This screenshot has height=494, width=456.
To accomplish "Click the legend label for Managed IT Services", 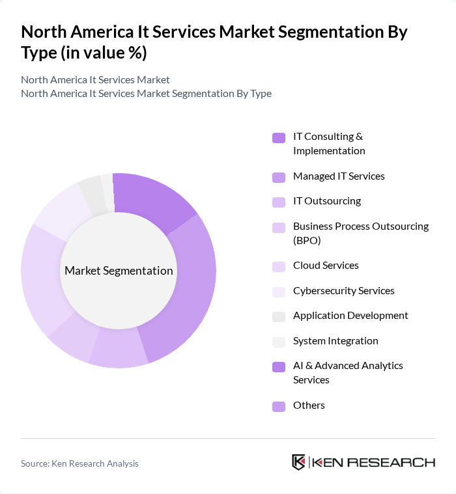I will tap(339, 176).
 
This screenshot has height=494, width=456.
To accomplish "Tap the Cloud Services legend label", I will tap(326, 266).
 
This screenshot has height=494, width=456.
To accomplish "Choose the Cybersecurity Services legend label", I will tap(343, 291).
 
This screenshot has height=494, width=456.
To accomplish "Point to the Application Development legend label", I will tap(350, 316).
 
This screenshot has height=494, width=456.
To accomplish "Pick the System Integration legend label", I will tap(335, 341).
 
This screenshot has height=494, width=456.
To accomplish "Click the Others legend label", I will tap(309, 405).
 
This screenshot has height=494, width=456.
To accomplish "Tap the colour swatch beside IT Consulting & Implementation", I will tap(279, 137).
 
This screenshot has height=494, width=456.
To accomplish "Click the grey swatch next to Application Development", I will tap(279, 316).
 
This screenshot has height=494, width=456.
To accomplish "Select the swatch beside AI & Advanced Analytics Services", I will tap(279, 366).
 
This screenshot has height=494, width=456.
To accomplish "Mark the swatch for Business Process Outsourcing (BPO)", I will tap(279, 227).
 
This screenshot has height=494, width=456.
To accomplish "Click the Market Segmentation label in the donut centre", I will tap(119, 271).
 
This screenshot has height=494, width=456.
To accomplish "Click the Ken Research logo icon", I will tap(298, 462).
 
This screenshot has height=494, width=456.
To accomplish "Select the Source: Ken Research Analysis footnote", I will tap(79, 463).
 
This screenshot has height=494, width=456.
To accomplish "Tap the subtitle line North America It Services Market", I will tap(95, 80).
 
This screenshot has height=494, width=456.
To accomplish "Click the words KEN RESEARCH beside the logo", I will tap(373, 462).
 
